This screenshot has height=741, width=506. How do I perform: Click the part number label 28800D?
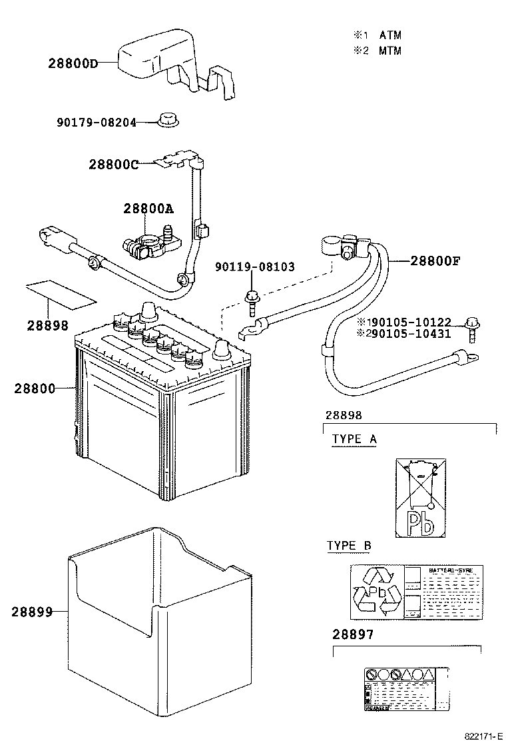click(x=73, y=64)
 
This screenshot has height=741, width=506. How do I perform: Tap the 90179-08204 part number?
click(x=96, y=123)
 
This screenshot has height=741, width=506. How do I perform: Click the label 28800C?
click(x=113, y=165)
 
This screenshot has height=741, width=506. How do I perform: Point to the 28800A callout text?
click(x=148, y=209)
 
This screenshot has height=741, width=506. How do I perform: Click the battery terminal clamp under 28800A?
click(x=146, y=247)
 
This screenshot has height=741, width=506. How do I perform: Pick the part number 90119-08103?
click(x=254, y=267)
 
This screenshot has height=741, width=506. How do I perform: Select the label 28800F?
click(x=435, y=261)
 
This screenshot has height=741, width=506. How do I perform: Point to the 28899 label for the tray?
click(x=31, y=612)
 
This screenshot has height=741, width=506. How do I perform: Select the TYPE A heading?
click(x=354, y=439)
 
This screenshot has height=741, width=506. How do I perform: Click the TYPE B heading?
click(x=349, y=546)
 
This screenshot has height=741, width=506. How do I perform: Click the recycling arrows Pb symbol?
click(x=378, y=590)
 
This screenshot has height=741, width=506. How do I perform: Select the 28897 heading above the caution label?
click(x=353, y=634)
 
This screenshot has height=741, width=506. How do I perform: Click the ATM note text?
click(x=390, y=35)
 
